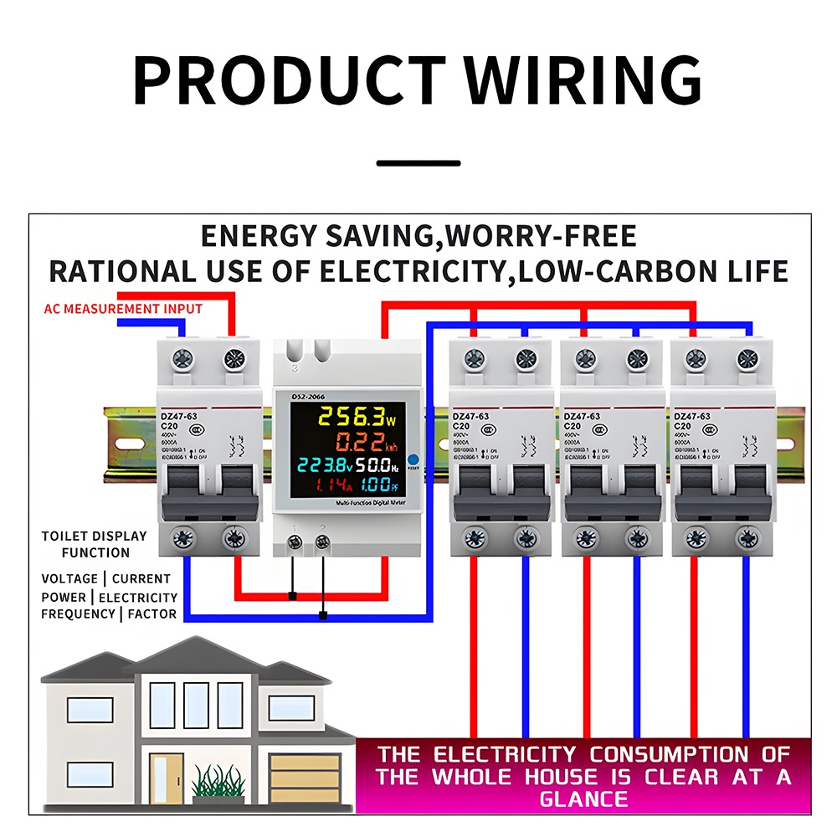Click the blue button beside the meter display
point(413,460)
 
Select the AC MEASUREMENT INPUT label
point(123,309)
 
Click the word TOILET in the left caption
point(64,536)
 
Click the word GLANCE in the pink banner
point(583,798)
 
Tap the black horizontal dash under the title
point(418,163)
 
